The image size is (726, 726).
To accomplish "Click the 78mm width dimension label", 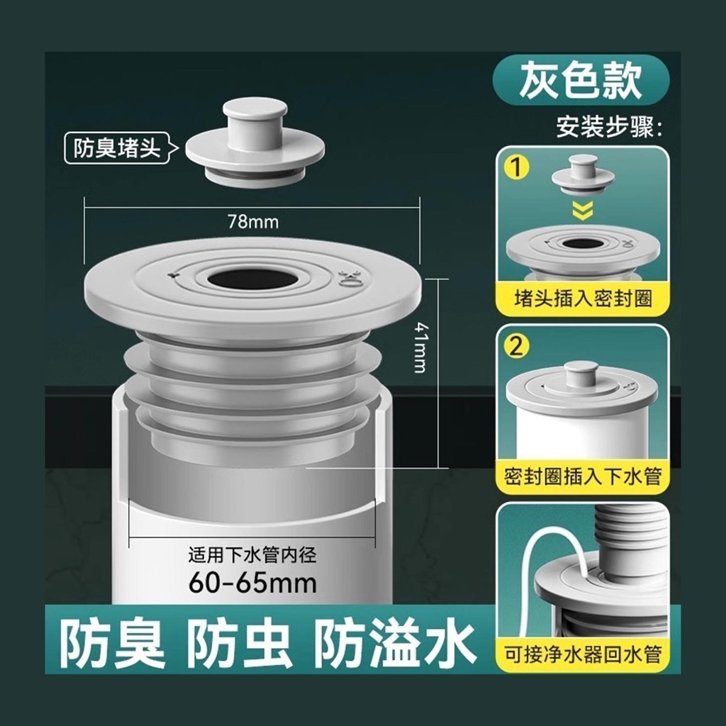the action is (x=253, y=222).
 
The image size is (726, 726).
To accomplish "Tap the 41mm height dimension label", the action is (x=420, y=347).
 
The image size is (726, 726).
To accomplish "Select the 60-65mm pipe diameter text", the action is (x=253, y=583).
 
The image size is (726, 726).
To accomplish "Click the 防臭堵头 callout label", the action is (x=117, y=149).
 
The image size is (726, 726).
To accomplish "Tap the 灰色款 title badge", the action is (x=581, y=79).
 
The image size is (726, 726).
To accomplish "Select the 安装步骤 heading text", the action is (x=609, y=126).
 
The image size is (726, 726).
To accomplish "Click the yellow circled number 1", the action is (x=516, y=167).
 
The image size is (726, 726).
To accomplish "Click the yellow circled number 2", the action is (x=516, y=346).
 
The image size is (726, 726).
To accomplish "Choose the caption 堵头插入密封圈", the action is (x=583, y=298).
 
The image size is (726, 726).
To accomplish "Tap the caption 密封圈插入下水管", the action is (x=583, y=476).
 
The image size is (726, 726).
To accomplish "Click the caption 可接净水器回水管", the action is (x=583, y=654).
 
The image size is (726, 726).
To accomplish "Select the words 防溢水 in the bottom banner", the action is (x=396, y=644).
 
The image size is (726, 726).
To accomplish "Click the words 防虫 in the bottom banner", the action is (x=241, y=644).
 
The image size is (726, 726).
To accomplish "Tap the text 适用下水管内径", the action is (x=253, y=554).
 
